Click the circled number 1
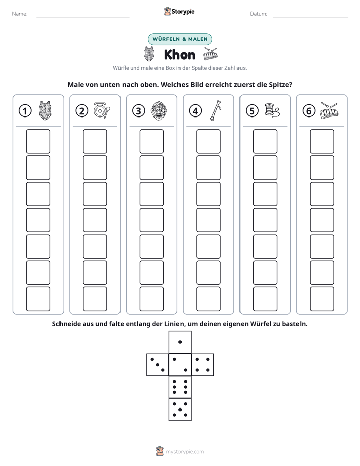[x=25, y=111]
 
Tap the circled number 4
[x=195, y=111]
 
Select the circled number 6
[x=309, y=111]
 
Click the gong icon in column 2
[x=102, y=110]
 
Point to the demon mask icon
[x=159, y=110]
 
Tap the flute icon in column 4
[x=216, y=110]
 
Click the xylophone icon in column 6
[x=329, y=110]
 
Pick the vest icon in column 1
[x=45, y=110]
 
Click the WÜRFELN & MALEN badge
[x=180, y=39]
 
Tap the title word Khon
[x=179, y=54]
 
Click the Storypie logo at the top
[x=179, y=11]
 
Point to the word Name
[x=20, y=14]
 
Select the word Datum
[x=259, y=14]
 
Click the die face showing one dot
[x=180, y=342]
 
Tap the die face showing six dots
[x=180, y=387]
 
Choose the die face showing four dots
[x=203, y=365]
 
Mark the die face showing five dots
[x=180, y=410]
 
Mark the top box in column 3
[x=151, y=141]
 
